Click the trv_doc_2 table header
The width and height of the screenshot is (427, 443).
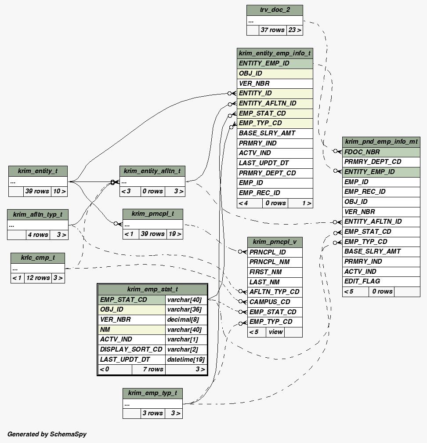click(x=275, y=10)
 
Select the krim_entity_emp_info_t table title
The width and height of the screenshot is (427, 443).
click(x=275, y=53)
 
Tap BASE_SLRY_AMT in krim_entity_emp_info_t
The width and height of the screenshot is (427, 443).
click(x=267, y=133)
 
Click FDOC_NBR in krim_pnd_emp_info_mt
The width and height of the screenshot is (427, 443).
click(x=362, y=152)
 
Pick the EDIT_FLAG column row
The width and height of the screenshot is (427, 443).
click(x=362, y=281)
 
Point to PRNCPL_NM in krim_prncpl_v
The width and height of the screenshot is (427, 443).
click(x=269, y=262)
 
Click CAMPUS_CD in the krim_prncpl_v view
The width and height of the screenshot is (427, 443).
click(x=270, y=302)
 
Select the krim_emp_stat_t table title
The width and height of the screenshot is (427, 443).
click(x=152, y=289)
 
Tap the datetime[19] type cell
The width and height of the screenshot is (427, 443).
click(x=185, y=359)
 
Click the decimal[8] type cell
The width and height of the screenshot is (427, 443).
click(x=183, y=320)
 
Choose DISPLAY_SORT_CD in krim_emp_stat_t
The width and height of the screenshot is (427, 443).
click(x=131, y=349)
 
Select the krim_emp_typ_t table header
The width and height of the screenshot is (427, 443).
click(x=152, y=393)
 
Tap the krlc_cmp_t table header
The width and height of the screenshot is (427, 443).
click(x=38, y=258)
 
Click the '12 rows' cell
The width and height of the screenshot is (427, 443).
click(x=37, y=278)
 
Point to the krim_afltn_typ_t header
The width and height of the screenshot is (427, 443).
click(x=38, y=214)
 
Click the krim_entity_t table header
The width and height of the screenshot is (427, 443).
click(x=38, y=171)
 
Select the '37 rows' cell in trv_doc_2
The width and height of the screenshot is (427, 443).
click(x=272, y=30)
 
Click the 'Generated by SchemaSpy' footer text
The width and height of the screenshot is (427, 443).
click(x=47, y=434)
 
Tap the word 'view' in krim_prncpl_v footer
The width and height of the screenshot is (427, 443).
click(x=275, y=332)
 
